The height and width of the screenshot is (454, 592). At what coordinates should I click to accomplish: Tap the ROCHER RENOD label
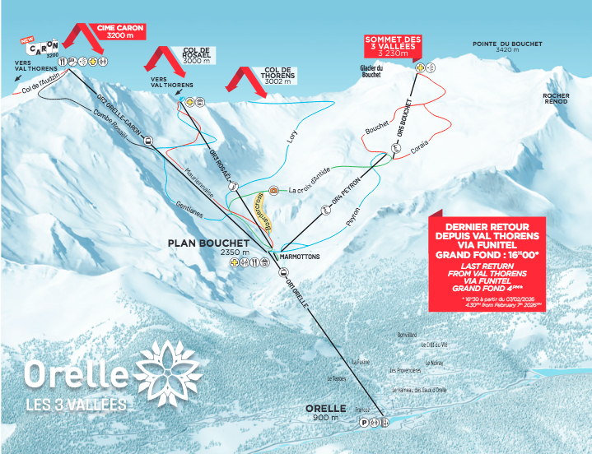pyautogui.click(x=556, y=98)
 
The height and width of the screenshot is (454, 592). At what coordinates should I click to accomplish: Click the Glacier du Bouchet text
pyautogui.click(x=373, y=72)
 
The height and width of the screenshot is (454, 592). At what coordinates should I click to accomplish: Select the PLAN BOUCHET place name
pyautogui.click(x=208, y=243)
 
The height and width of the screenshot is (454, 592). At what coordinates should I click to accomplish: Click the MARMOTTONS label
pyautogui.click(x=299, y=257)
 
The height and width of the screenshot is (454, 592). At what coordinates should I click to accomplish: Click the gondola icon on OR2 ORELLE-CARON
pyautogui.click(x=148, y=141)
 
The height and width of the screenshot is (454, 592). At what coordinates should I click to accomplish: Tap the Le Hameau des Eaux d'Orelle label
pyautogui.click(x=419, y=390)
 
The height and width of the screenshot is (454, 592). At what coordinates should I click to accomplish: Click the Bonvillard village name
pyautogui.click(x=407, y=336)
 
